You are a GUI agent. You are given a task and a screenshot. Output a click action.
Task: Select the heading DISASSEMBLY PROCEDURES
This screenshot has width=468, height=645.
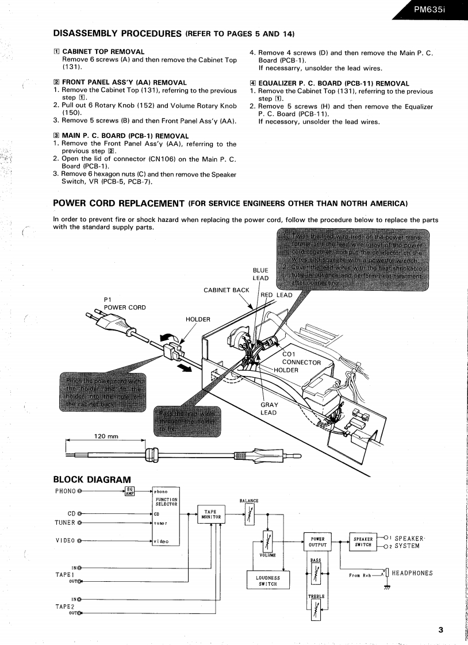click(x=117, y=33)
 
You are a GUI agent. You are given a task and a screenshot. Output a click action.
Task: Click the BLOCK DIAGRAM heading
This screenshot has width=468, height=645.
click(x=92, y=479)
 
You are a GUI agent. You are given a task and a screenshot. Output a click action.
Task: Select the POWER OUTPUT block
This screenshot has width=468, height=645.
click(x=316, y=542)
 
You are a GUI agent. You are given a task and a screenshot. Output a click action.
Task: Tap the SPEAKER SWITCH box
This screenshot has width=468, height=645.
click(x=364, y=542)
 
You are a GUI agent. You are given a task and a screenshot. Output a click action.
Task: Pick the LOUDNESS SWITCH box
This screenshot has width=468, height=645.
click(x=267, y=581)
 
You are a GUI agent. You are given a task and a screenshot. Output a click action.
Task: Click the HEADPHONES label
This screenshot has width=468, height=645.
click(x=412, y=573)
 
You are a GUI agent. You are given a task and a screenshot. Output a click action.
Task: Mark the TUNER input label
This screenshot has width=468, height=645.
click(x=64, y=523)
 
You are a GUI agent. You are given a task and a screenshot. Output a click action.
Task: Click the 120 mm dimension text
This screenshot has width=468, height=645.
click(x=106, y=436)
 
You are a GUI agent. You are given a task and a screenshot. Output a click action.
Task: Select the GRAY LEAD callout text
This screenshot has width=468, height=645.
click(x=268, y=409)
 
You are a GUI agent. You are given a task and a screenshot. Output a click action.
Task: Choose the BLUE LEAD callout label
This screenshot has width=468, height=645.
click(x=260, y=274)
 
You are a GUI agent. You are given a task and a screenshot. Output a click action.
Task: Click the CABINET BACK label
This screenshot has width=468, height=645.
click(x=227, y=290)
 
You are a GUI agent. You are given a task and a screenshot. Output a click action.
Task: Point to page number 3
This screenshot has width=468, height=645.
click(x=440, y=630)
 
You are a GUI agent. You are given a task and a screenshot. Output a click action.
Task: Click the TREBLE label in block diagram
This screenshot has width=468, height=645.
click(x=316, y=597)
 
